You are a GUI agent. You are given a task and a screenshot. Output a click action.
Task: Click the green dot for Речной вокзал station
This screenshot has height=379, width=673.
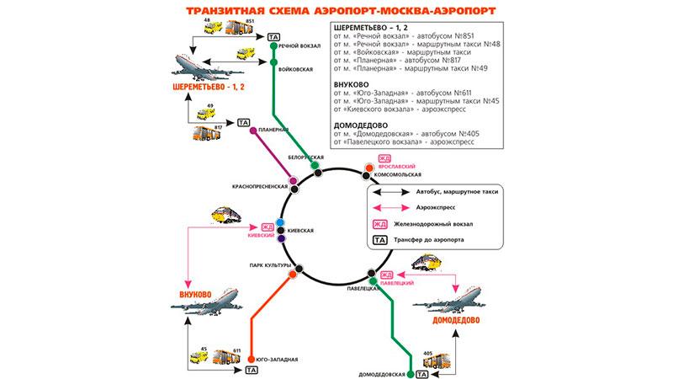pyautogui.click(x=273, y=47)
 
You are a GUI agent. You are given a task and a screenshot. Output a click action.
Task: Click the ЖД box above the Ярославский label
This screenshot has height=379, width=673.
pyautogui.click(x=384, y=158)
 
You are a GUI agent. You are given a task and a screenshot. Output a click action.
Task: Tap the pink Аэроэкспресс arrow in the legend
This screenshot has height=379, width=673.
pyautogui.click(x=391, y=208)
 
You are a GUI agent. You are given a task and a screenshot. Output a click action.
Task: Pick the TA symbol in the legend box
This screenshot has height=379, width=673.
pyautogui.click(x=380, y=240)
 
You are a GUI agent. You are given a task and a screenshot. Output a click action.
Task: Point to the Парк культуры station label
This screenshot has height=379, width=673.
pyautogui.click(x=268, y=265)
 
